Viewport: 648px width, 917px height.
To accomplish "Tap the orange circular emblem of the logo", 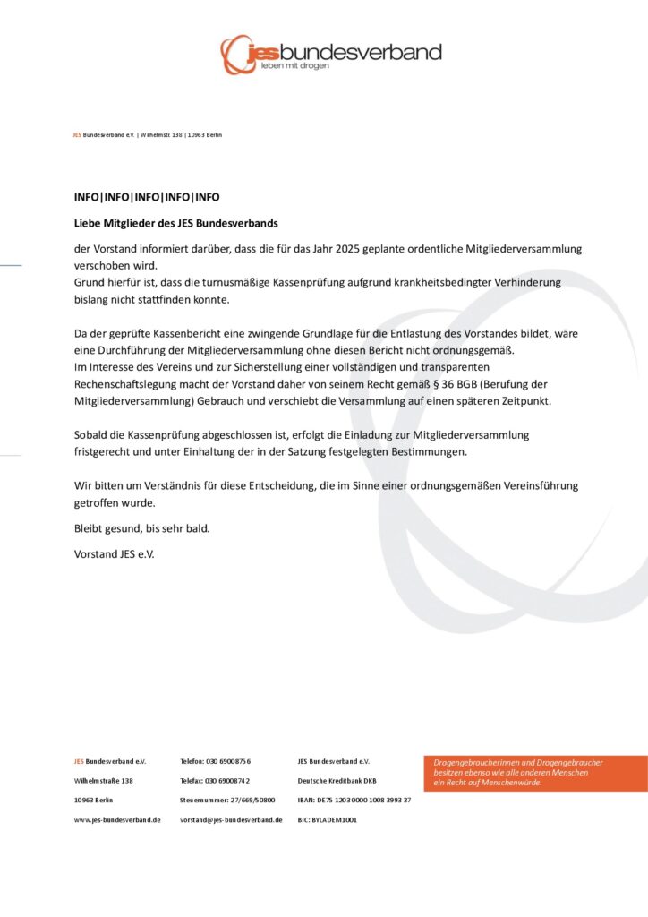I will (237, 54).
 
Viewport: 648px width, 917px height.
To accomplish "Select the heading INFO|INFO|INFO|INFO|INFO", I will (147, 197).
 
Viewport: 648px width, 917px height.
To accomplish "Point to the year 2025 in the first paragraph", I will (341, 248).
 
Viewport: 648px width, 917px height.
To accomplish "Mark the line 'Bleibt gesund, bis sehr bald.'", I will (141, 528).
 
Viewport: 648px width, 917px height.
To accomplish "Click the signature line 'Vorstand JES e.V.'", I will (114, 553).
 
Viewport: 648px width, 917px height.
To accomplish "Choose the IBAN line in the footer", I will (354, 800).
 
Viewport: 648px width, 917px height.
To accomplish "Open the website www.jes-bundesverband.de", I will (117, 819).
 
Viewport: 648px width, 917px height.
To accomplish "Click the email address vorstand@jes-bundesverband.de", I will (231, 819).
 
